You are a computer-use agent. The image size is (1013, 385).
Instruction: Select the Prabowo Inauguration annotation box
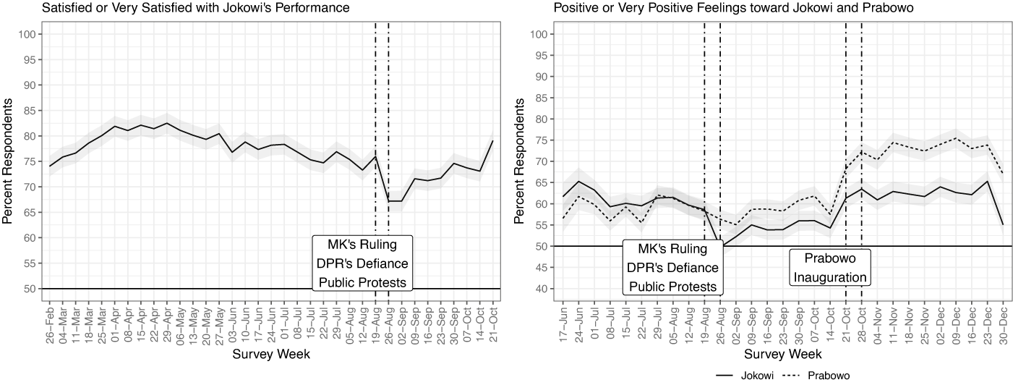(829, 268)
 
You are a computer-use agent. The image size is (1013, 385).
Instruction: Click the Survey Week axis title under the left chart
(270, 355)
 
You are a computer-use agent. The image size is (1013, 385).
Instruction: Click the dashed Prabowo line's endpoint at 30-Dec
(1003, 174)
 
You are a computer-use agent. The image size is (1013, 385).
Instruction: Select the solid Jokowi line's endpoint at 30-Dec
(1003, 225)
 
